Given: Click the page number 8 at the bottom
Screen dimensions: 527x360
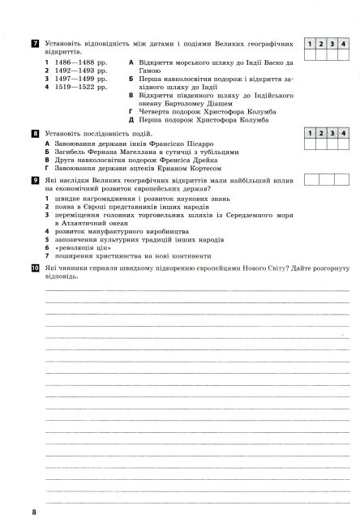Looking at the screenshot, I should [x=34, y=513].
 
